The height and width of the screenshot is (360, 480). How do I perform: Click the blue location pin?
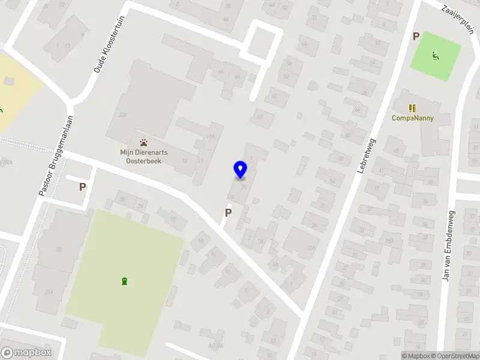[x=240, y=169]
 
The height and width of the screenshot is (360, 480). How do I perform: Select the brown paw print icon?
[x=143, y=143]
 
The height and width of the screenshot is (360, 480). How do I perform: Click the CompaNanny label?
[x=412, y=118]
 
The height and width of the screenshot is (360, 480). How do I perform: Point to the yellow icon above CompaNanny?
[x=412, y=108]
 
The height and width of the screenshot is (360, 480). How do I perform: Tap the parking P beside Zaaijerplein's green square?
[x=416, y=37]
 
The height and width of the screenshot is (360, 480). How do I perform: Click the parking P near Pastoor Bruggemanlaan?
[x=82, y=187]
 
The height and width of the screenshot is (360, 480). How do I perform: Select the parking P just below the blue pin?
[x=228, y=212]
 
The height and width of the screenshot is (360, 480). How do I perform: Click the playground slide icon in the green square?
[x=436, y=56]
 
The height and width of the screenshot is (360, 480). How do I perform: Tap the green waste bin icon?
[x=124, y=281]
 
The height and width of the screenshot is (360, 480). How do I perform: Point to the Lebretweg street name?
[x=365, y=157]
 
